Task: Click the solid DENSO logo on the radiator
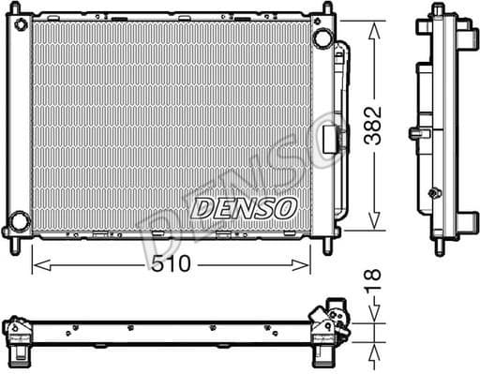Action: (x=244, y=208)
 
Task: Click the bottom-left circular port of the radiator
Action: (x=16, y=225)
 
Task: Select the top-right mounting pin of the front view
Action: (x=328, y=10)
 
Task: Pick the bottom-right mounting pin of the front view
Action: (x=328, y=246)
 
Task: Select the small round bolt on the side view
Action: (x=433, y=194)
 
